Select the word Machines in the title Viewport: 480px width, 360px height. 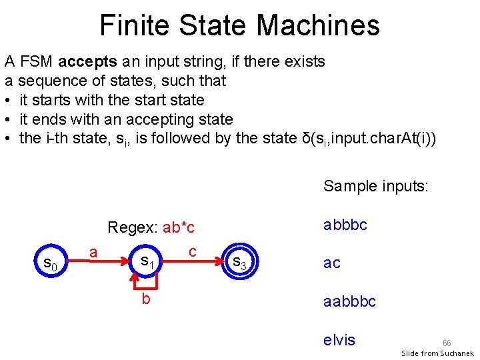tap(317, 25)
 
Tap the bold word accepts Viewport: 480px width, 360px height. tap(87, 62)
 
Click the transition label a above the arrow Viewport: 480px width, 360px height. tap(95, 251)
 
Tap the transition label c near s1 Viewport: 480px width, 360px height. tap(192, 251)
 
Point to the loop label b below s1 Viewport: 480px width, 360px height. tap(145, 299)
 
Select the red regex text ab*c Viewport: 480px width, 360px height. tap(179, 227)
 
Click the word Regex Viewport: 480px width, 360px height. tap(131, 227)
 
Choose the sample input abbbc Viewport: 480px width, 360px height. tap(345, 225)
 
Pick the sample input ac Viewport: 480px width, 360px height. tap(332, 263)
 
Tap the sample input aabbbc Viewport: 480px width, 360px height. tap(349, 301)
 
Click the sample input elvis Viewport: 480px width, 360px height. tap(339, 340)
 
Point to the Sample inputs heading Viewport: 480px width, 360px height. tap(375, 186)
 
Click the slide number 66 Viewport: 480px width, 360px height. tap(447, 343)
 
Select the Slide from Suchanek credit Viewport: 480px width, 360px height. tap(437, 353)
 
